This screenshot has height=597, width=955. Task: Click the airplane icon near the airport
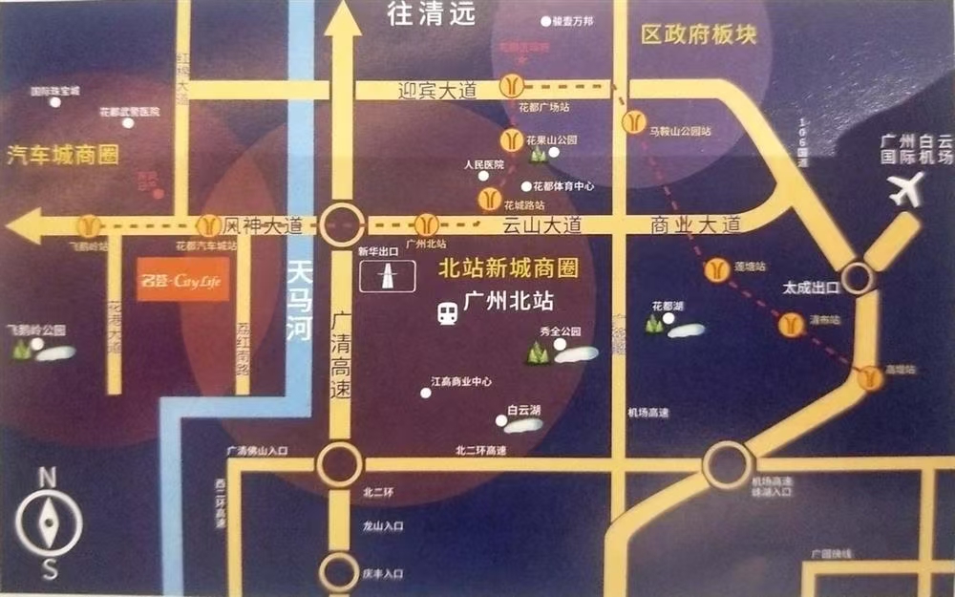(x=905, y=188)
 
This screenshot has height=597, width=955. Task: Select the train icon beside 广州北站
(x=446, y=312)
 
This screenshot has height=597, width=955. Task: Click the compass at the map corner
(x=49, y=524)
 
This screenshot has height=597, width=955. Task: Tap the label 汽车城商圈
(x=63, y=155)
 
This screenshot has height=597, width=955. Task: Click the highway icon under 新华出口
(x=389, y=276)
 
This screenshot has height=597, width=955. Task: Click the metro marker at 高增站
(x=869, y=378)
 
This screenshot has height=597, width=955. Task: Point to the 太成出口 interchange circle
(x=857, y=278)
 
